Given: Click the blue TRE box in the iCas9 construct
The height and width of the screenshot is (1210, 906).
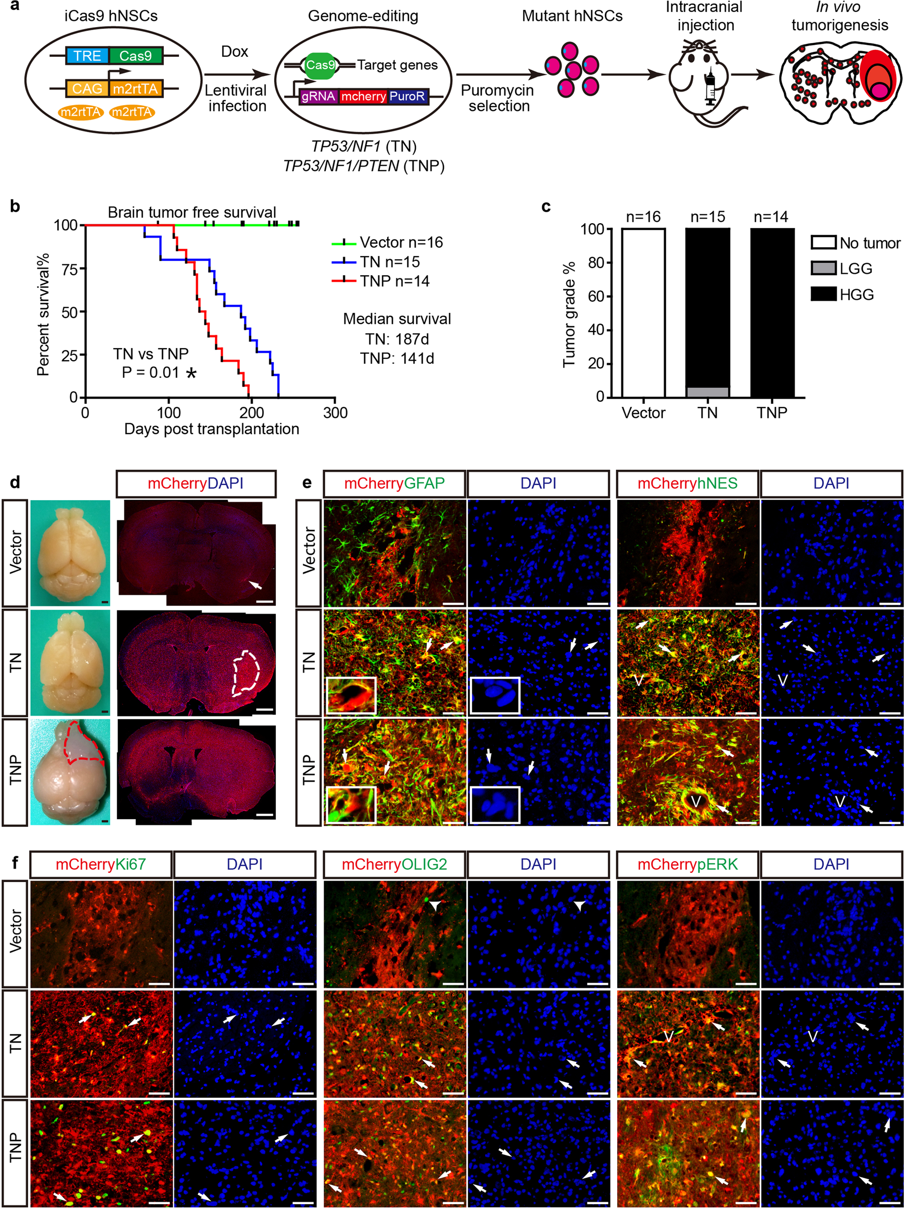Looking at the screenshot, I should (87, 56).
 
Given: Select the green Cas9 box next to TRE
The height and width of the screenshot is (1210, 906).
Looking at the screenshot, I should (135, 56).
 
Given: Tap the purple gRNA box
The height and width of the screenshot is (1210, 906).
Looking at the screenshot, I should (318, 97).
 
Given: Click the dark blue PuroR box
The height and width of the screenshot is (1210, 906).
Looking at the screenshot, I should (407, 97).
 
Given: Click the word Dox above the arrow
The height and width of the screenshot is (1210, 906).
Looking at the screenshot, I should (234, 52).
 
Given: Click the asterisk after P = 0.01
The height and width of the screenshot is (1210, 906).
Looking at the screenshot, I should (191, 374).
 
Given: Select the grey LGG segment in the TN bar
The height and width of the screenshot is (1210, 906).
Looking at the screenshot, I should (707, 392).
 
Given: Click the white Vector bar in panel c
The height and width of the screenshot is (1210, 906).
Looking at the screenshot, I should (643, 312).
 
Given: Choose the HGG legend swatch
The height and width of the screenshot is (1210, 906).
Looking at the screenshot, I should (823, 294).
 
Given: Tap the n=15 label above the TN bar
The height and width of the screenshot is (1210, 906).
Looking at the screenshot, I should (707, 217).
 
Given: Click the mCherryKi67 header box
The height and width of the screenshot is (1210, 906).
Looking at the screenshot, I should (101, 864).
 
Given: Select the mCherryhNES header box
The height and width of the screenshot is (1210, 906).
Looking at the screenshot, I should (687, 483).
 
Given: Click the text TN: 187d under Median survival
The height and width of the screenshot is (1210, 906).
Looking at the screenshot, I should (397, 339).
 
